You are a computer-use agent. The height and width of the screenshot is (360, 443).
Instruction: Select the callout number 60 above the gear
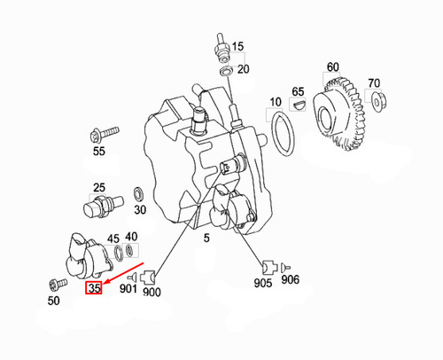332,67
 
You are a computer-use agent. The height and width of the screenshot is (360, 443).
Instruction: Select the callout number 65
299,91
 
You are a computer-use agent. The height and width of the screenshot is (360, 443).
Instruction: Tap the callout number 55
98,153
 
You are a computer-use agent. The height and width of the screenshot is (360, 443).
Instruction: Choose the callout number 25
99,187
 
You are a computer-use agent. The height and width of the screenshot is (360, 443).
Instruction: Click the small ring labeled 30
140,193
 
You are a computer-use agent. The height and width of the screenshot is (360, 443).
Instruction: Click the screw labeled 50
58,286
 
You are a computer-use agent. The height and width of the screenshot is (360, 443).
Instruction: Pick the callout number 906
291,280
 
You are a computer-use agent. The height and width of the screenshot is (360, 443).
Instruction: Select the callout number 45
113,239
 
